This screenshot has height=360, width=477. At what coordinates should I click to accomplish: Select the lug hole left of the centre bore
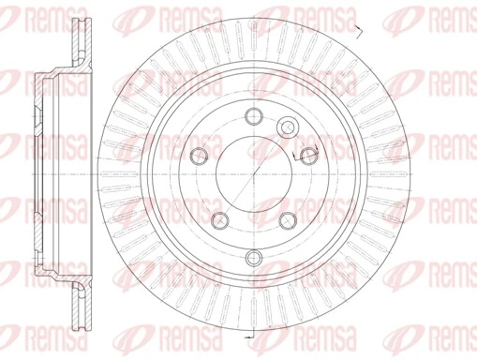[x=198, y=158]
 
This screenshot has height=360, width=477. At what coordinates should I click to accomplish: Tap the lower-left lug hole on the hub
[x=219, y=220]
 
